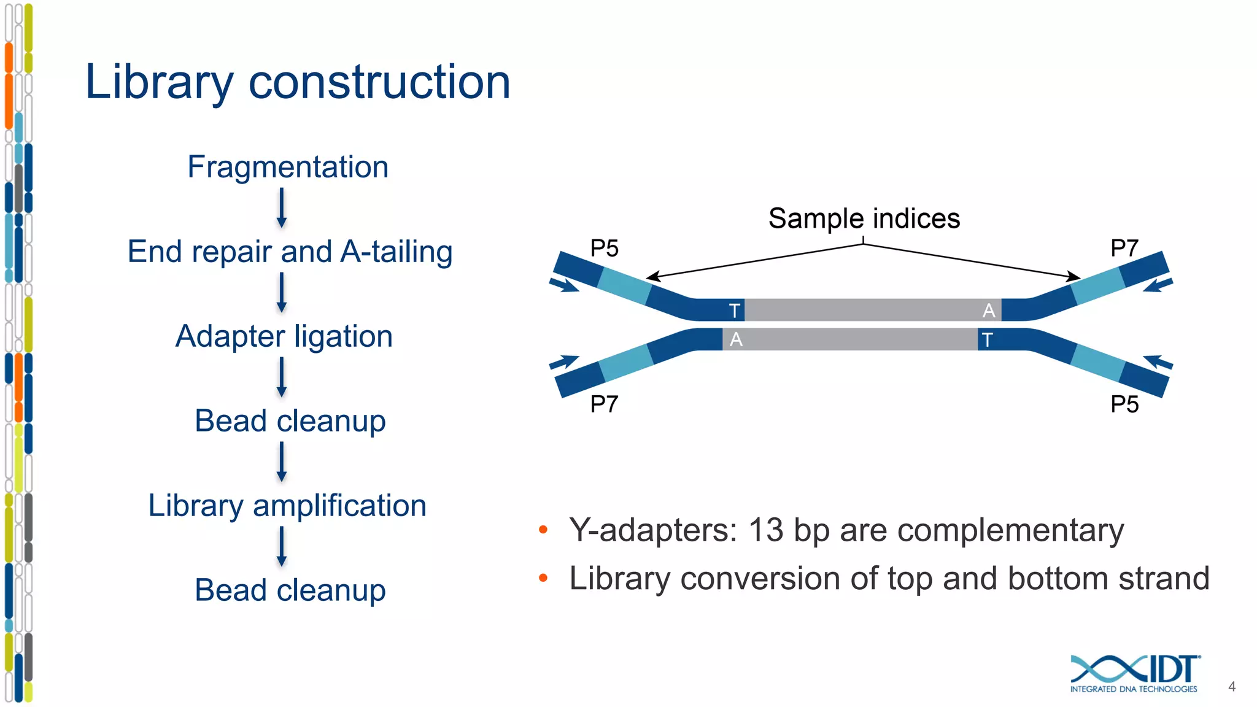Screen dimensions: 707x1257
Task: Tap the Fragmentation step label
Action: (288, 167)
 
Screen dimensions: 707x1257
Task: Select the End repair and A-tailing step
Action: (290, 252)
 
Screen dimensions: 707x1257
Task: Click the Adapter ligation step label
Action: (284, 336)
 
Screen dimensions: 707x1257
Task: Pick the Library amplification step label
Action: (287, 506)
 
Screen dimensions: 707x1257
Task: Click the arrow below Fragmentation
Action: (282, 208)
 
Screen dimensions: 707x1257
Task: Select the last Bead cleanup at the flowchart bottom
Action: (290, 590)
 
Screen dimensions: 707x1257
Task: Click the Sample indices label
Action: (864, 219)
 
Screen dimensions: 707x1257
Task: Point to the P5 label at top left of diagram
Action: (604, 249)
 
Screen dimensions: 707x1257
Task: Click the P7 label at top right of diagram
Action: (1124, 249)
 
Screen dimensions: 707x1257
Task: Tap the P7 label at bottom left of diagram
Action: (604, 404)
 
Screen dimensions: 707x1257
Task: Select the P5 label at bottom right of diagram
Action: (1124, 404)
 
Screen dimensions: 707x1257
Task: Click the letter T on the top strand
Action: (734, 311)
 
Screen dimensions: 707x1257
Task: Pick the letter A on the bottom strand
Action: (736, 339)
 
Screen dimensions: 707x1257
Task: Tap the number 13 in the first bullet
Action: (766, 530)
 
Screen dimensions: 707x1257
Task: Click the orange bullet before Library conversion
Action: (543, 578)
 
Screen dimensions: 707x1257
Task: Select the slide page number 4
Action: (1231, 687)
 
